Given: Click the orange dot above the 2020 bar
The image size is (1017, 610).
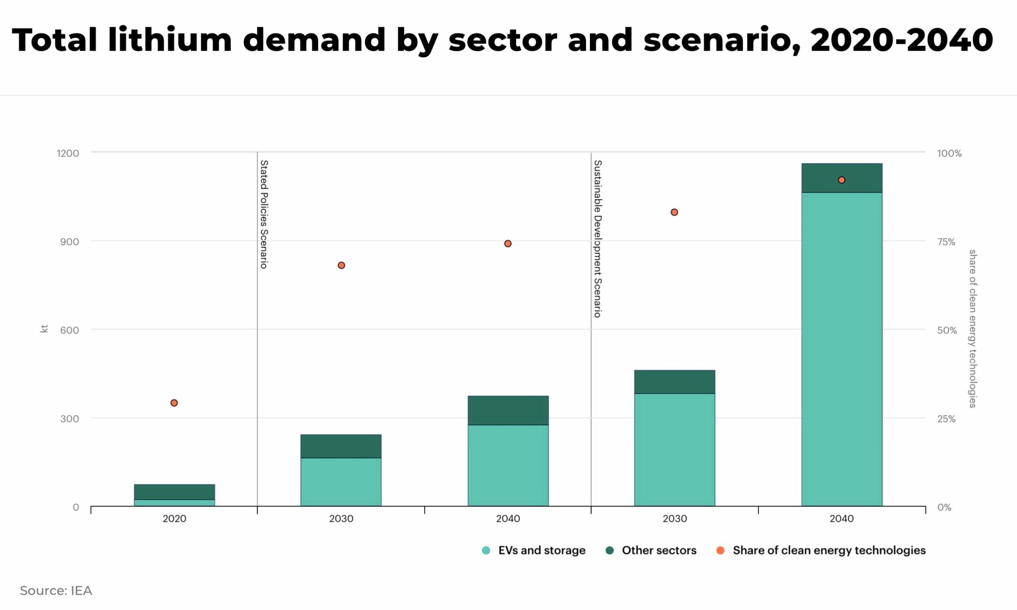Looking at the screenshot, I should pyautogui.click(x=174, y=403).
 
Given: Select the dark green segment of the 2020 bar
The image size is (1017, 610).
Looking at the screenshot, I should pyautogui.click(x=174, y=492).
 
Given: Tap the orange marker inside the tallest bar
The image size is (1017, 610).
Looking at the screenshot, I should pyautogui.click(x=841, y=180).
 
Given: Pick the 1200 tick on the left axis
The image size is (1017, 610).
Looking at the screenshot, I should pyautogui.click(x=68, y=153).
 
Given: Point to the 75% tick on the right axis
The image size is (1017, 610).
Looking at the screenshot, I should pyautogui.click(x=946, y=242).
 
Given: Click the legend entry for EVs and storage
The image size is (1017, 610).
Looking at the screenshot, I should pyautogui.click(x=534, y=550).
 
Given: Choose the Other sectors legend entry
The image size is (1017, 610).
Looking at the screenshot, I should pyautogui.click(x=651, y=550).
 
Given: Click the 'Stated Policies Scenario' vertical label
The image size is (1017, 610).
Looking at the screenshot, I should pyautogui.click(x=264, y=214).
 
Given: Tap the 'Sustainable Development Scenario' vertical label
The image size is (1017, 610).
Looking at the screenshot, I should pyautogui.click(x=598, y=238).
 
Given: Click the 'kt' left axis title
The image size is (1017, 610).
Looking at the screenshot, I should pyautogui.click(x=44, y=329).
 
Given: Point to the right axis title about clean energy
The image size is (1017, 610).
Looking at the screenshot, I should pyautogui.click(x=972, y=329).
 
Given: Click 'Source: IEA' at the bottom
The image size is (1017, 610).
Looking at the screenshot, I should pyautogui.click(x=56, y=591).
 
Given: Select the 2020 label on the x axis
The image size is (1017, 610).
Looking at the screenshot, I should pyautogui.click(x=174, y=519).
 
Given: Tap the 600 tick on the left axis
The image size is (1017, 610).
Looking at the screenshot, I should pyautogui.click(x=70, y=330).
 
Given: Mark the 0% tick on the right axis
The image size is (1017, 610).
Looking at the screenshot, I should pyautogui.click(x=944, y=508).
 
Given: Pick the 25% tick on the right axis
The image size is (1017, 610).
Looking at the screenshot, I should pyautogui.click(x=946, y=419).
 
